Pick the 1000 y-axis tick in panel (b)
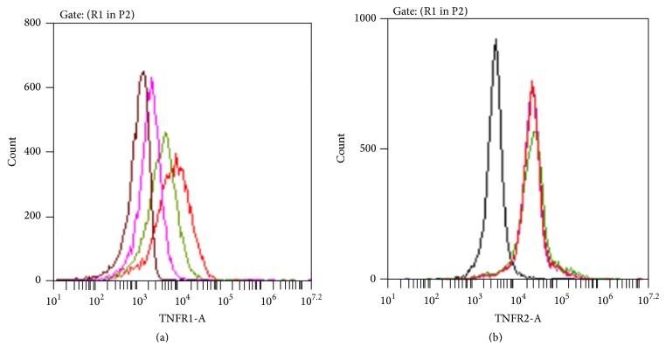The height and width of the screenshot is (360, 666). click(x=367, y=18)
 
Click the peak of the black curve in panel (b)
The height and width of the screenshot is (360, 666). click(x=496, y=39)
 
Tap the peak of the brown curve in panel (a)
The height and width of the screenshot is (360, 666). click(x=142, y=72)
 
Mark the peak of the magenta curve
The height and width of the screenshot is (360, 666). click(x=151, y=78)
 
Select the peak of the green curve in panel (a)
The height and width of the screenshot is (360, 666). click(x=165, y=133)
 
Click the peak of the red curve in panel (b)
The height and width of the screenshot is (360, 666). click(x=531, y=82)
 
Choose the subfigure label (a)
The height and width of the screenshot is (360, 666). click(x=182, y=342)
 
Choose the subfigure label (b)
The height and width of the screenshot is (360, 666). click(x=516, y=342)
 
